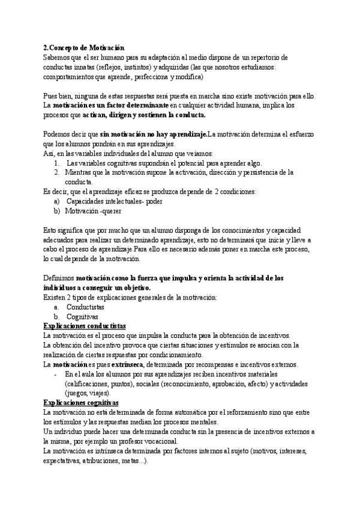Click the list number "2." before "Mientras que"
tap(57, 172)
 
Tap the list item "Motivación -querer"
tap(90, 211)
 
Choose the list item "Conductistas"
tap(85, 307)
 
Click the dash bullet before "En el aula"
tap(55, 374)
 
